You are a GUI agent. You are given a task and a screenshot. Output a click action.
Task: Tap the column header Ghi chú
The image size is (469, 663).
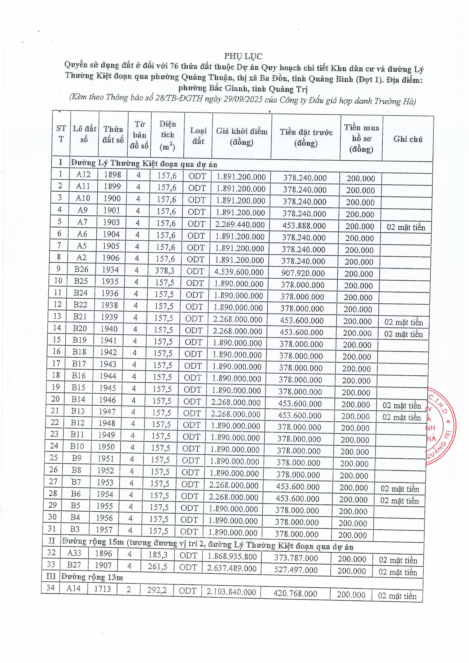point(408,139)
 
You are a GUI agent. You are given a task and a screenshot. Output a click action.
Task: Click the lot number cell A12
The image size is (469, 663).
point(83,174)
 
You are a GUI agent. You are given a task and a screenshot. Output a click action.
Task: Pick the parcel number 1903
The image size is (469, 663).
point(112,222)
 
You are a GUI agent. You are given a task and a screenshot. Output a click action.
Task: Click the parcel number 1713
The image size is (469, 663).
point(102,589)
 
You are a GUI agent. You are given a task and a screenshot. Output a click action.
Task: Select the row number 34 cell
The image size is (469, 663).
point(50,588)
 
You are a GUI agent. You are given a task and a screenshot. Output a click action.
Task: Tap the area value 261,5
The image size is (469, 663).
point(158,567)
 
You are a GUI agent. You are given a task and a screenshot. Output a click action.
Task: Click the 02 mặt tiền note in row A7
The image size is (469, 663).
point(406,227)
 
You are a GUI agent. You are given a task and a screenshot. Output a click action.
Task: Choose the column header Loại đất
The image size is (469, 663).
point(198,136)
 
